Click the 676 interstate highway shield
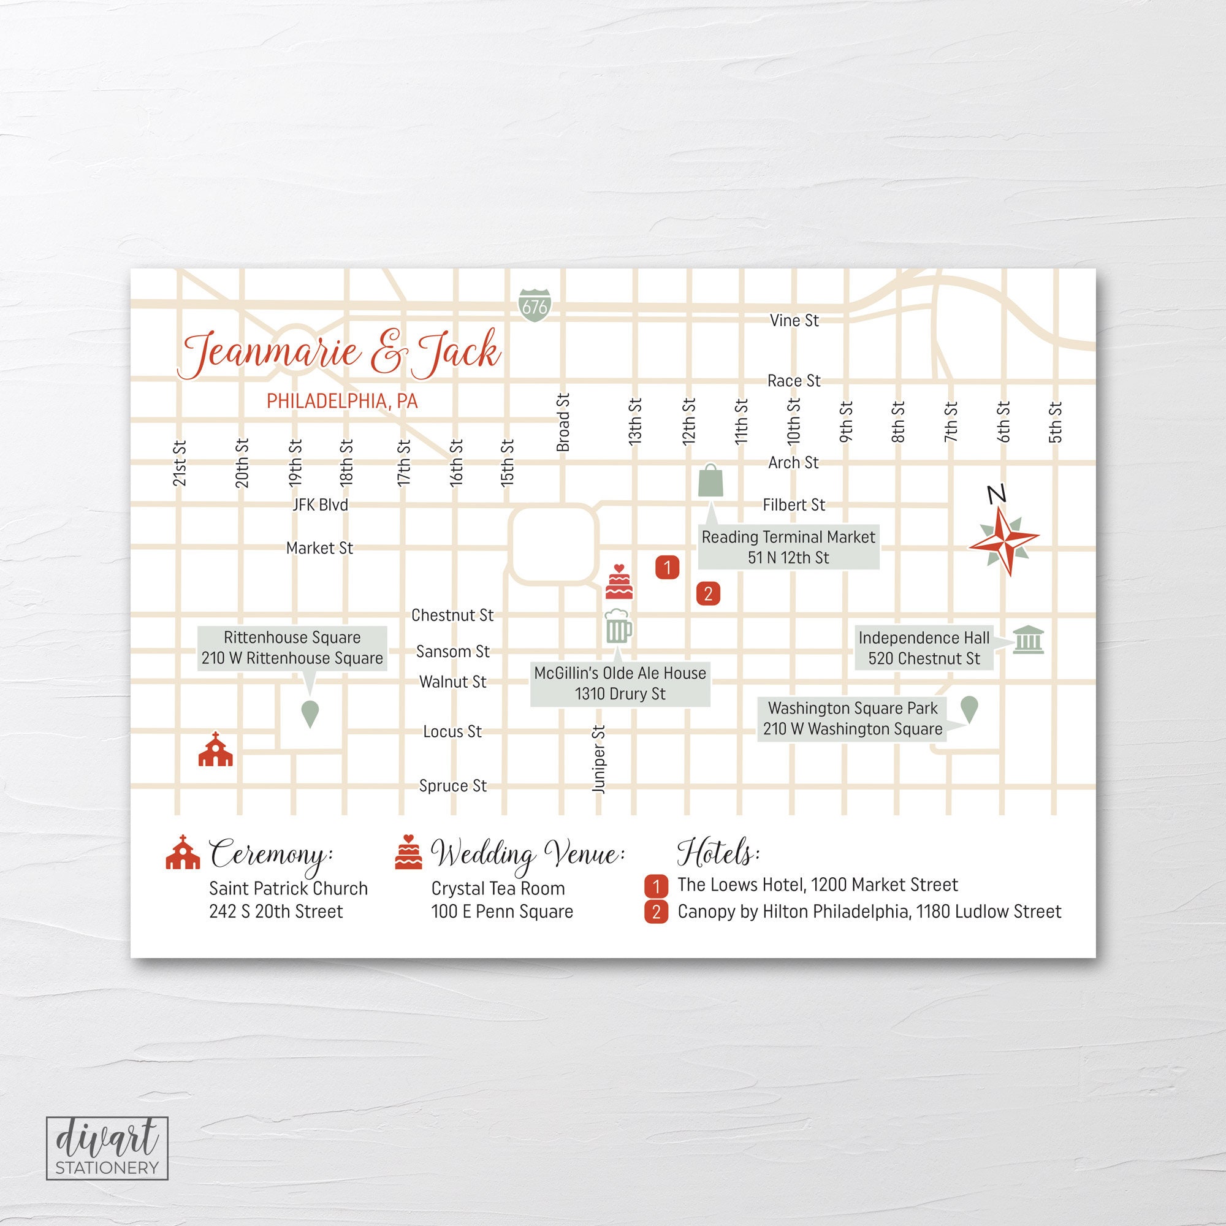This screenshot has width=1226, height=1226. click(535, 305)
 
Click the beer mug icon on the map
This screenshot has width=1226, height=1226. click(619, 627)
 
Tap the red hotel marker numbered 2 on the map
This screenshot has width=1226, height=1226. click(708, 594)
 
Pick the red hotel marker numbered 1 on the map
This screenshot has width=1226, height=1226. click(667, 566)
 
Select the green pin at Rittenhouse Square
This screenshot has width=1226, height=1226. click(309, 714)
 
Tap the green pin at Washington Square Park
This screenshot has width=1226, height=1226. click(969, 709)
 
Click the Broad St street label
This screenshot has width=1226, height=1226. click(563, 422)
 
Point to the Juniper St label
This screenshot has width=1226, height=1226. click(599, 759)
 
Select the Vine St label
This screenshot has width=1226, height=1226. click(794, 321)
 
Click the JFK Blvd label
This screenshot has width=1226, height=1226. click(321, 504)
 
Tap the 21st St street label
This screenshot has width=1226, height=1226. click(180, 463)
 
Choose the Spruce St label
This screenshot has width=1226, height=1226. click(452, 786)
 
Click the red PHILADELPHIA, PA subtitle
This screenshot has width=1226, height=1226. click(342, 401)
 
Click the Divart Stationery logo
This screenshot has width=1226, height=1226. click(107, 1148)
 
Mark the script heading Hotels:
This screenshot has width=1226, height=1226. click(718, 853)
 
